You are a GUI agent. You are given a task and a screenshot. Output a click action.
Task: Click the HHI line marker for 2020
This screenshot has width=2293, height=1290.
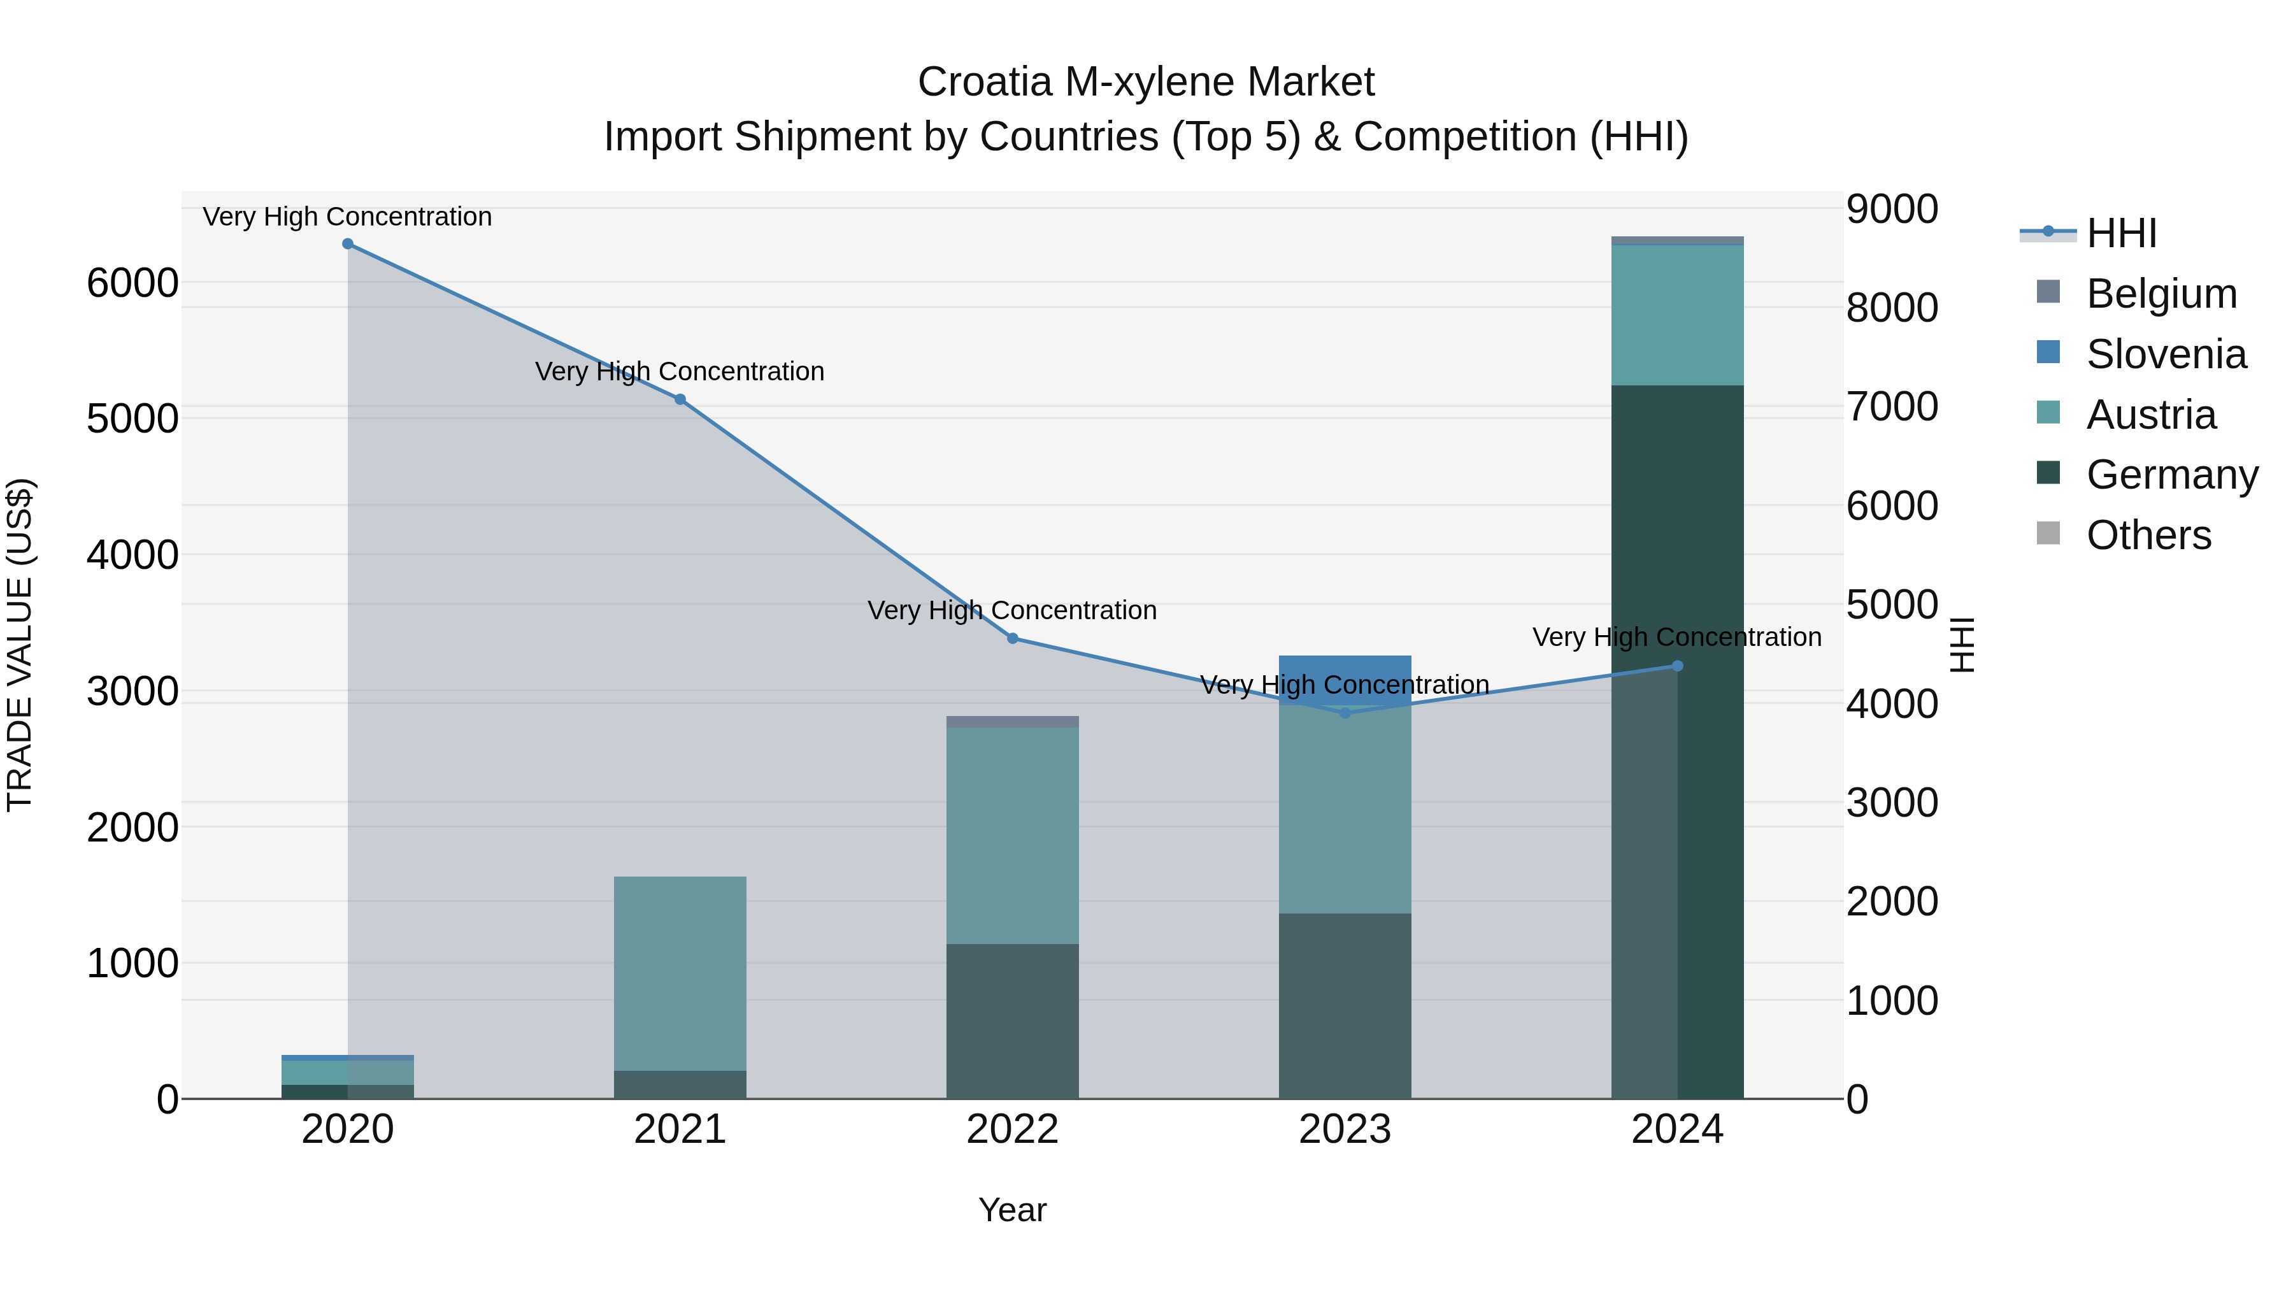click(347, 244)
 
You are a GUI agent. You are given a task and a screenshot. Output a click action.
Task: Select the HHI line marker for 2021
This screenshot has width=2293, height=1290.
click(680, 399)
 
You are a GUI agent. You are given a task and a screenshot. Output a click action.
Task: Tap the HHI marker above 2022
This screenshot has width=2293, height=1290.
click(1012, 638)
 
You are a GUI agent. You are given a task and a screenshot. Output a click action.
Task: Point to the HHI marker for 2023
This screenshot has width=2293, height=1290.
click(1345, 713)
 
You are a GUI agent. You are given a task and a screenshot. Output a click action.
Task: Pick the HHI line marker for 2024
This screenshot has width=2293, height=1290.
click(1677, 666)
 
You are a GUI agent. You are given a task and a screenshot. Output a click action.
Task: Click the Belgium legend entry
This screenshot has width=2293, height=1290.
click(2161, 294)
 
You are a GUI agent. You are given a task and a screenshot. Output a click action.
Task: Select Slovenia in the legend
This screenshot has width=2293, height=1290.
click(2166, 354)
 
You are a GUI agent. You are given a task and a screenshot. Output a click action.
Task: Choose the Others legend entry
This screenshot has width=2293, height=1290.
click(2148, 535)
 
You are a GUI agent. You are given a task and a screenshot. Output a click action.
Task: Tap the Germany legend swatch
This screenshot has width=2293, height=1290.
click(2048, 473)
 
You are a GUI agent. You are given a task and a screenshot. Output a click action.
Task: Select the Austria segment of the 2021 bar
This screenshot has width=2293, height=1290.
click(680, 972)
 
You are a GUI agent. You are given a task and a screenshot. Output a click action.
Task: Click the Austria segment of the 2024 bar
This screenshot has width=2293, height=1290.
click(1677, 315)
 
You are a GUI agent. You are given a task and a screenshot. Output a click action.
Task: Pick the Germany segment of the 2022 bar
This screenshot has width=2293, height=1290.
click(1012, 1021)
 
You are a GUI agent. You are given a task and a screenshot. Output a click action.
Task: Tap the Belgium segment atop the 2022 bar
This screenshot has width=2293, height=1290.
click(1012, 722)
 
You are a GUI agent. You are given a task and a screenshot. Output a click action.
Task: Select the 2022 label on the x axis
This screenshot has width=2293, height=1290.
click(1012, 1129)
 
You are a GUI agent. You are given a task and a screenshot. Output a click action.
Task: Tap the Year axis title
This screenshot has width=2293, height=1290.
click(1012, 1210)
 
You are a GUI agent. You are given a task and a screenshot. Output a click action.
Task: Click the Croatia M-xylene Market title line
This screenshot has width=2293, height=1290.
click(1146, 82)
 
